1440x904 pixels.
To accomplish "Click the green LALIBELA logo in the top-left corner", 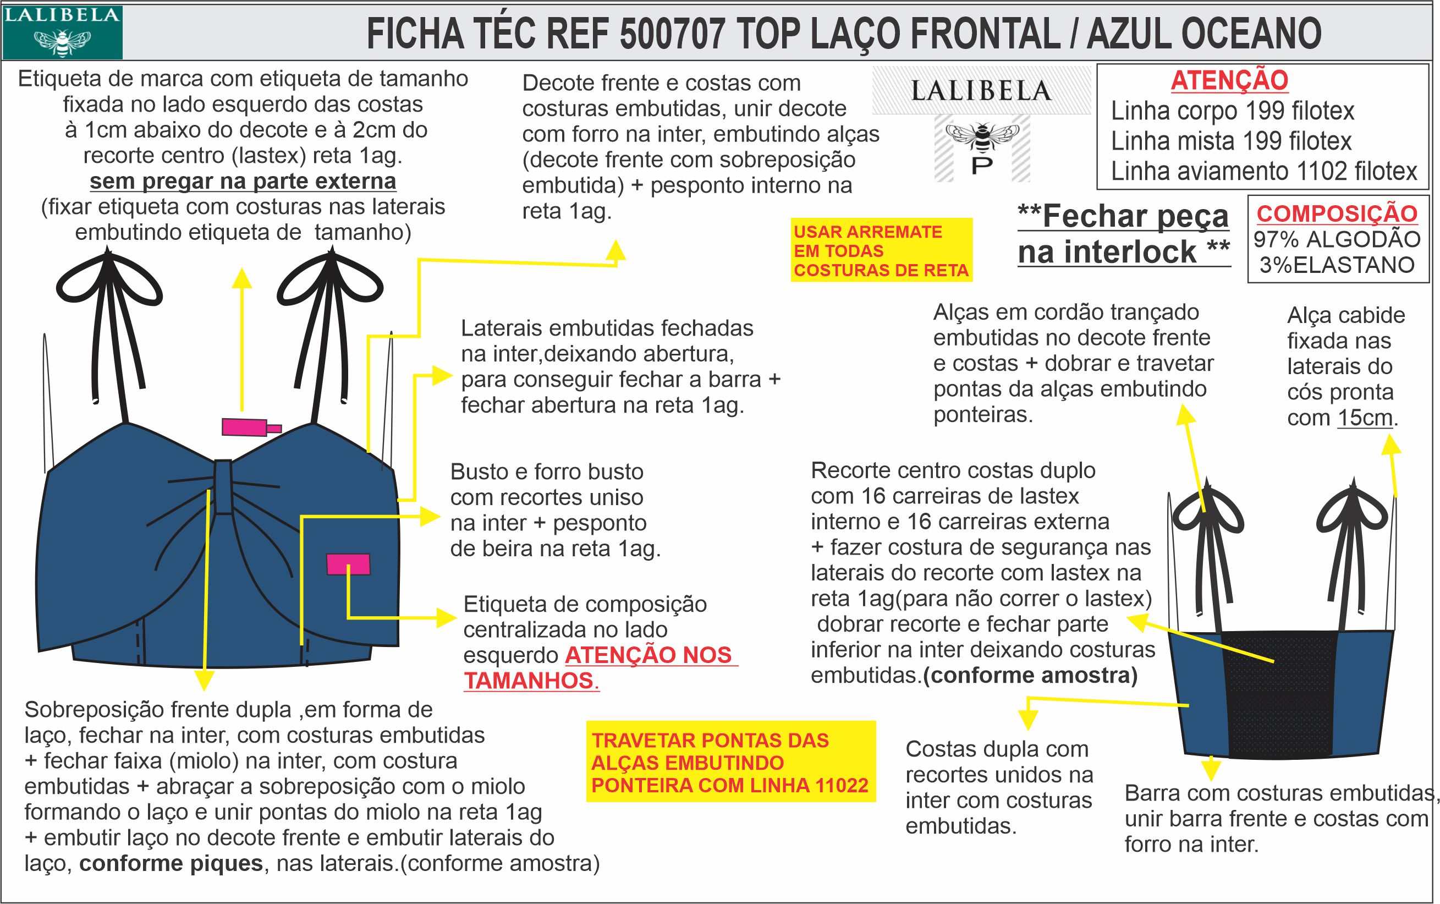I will tap(62, 32).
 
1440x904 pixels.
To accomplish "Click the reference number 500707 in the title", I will tap(672, 34).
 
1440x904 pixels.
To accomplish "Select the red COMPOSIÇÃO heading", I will tap(1337, 213).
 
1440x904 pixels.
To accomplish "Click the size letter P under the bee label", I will tap(982, 166).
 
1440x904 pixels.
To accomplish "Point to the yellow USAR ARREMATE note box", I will tap(881, 250).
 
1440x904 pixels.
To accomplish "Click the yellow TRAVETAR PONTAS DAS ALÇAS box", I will tap(730, 762).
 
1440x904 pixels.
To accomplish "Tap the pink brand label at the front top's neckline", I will tap(245, 428).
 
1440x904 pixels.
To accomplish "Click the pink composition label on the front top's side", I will tap(348, 565).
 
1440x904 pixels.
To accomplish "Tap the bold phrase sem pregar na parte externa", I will tap(243, 181).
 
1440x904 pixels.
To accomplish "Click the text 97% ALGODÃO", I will tap(1337, 239).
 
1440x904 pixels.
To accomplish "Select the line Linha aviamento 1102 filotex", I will tap(1263, 172).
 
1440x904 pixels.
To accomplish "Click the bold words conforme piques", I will tap(171, 863).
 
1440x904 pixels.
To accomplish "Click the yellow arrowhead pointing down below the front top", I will tap(205, 681).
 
